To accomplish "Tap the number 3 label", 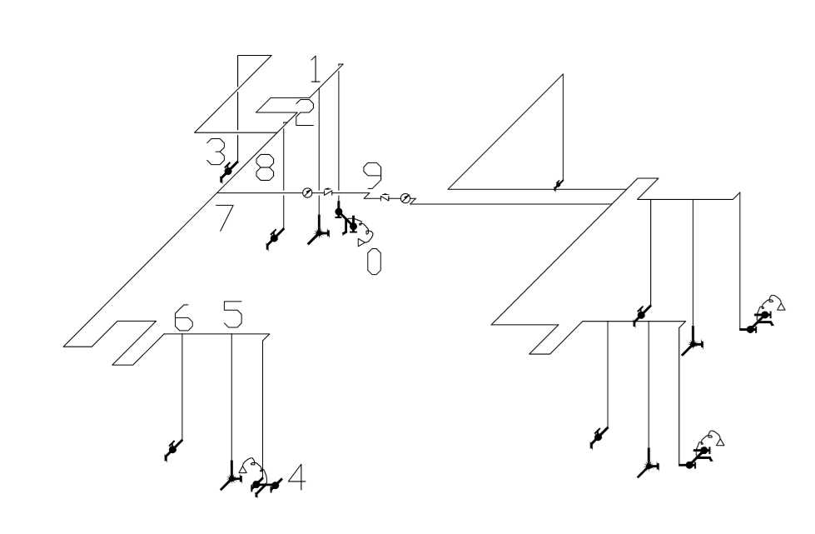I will [216, 152].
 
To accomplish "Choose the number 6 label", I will [183, 317].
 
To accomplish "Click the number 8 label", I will [265, 167].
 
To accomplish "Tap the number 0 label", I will [374, 261].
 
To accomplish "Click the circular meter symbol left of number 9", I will [307, 192].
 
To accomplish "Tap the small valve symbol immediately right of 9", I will [385, 197].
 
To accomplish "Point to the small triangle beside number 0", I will [361, 242].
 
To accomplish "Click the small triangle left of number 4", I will [243, 470].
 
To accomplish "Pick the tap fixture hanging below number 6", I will [172, 450].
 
